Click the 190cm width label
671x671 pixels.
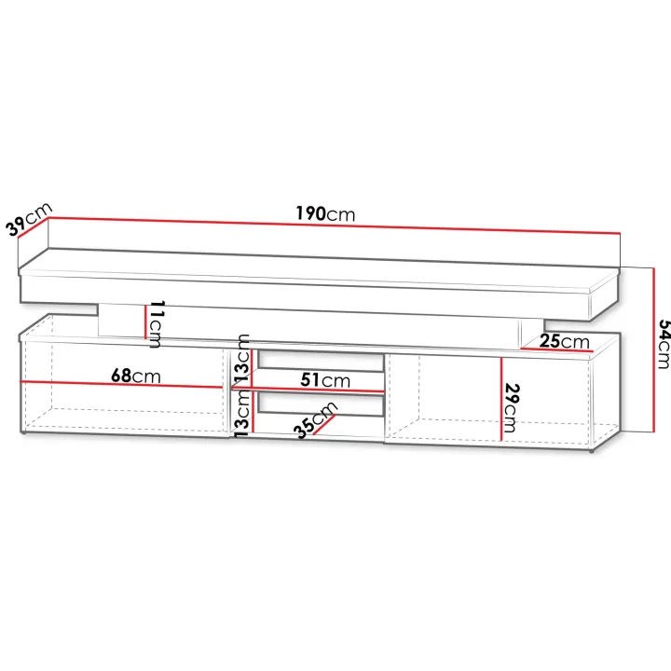pos(325,213)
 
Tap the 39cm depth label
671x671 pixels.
pos(29,219)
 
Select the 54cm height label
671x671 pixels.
pos(664,344)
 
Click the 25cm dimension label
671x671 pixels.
pos(564,341)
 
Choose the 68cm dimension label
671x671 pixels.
pos(136,376)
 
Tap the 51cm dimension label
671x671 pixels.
pos(325,379)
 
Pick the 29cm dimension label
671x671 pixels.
pos(512,408)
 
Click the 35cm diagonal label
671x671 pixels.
pos(316,420)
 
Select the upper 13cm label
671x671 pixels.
pos(241,358)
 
